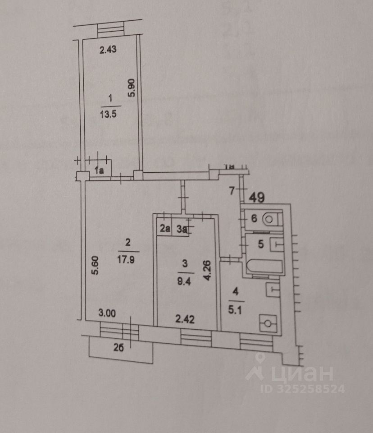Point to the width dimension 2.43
[108, 50]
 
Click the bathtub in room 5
[264, 267]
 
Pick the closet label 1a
[99, 170]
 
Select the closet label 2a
[164, 229]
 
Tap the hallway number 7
[232, 191]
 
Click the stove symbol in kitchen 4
[268, 323]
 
